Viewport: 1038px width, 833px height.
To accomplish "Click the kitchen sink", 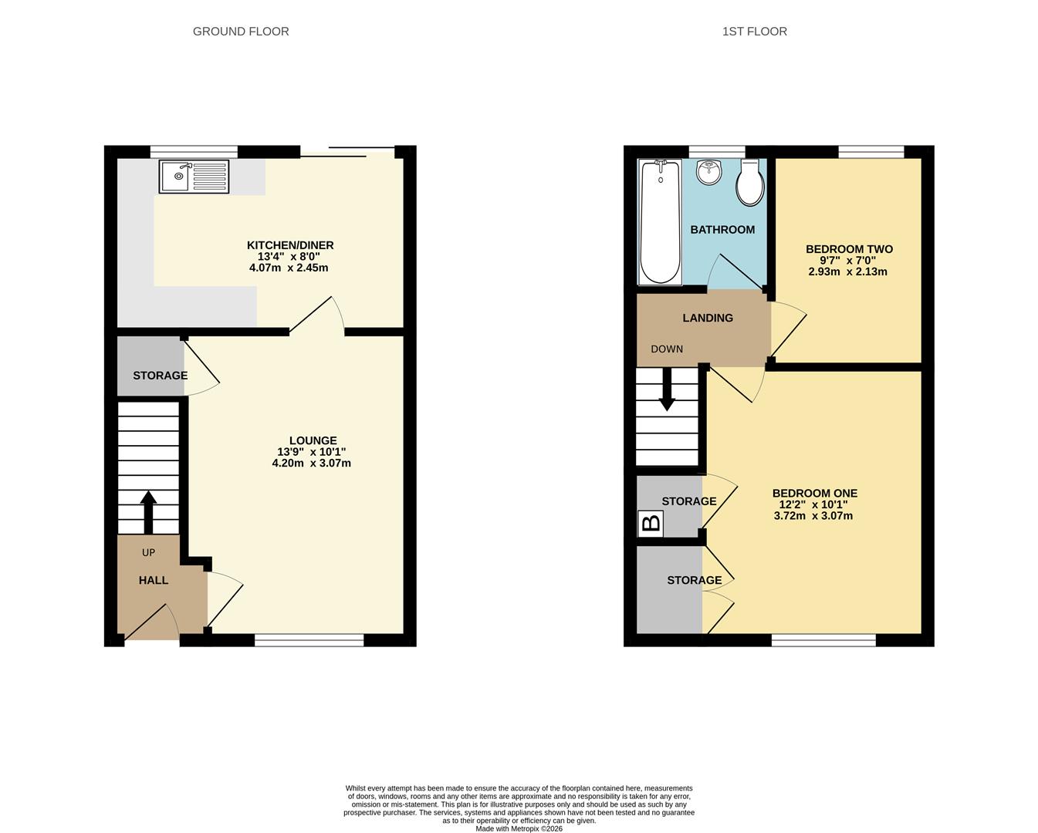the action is click(x=194, y=177).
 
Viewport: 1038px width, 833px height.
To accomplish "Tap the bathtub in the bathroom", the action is click(x=661, y=222).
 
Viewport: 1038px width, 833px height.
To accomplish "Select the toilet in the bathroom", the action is click(x=749, y=182).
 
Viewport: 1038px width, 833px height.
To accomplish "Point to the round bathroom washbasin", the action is click(x=708, y=172).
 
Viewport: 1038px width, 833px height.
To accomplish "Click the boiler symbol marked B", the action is click(x=651, y=524).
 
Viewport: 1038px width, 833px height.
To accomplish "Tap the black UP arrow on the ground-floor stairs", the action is click(x=148, y=512).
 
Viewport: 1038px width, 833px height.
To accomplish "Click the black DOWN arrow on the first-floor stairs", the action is click(x=667, y=390).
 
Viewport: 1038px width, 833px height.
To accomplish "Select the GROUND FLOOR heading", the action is click(x=241, y=32).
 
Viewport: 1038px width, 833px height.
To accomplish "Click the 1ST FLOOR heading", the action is click(x=755, y=32).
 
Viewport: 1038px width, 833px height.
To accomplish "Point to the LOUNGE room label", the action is click(x=313, y=440).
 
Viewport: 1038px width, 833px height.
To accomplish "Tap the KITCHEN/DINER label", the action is click(x=290, y=245).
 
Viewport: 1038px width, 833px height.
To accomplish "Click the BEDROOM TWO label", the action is click(x=850, y=249).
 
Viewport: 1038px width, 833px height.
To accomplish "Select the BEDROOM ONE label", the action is click(x=815, y=493).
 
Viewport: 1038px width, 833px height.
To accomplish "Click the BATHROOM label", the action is click(x=722, y=230).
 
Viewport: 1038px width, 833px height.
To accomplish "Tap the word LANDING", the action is click(x=708, y=318).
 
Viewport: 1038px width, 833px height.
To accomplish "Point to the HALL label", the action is click(x=154, y=580).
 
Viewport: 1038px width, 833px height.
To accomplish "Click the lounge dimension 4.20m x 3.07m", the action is click(x=312, y=464).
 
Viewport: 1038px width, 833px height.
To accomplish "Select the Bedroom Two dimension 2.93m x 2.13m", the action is click(x=847, y=271).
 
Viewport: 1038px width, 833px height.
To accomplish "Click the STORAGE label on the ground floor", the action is click(x=161, y=375).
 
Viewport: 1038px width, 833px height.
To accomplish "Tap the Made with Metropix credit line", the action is click(x=519, y=828).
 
